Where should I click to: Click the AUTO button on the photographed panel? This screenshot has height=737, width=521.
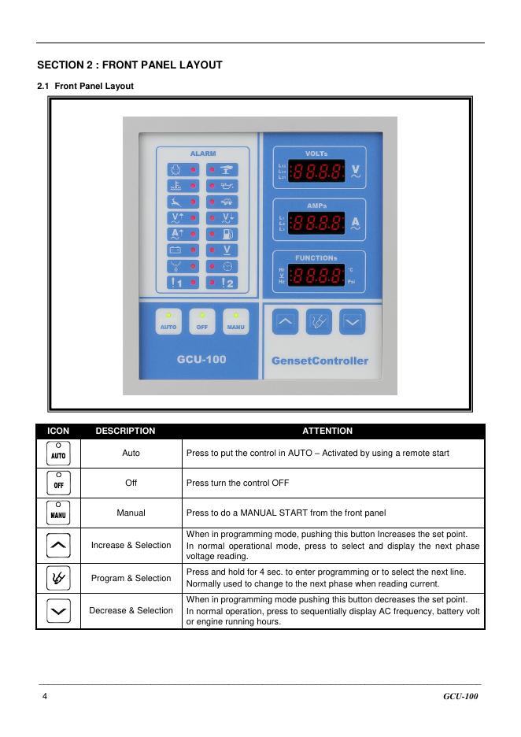[168, 323]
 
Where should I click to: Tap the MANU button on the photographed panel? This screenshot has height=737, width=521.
[235, 323]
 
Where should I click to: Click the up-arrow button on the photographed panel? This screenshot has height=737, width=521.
[286, 321]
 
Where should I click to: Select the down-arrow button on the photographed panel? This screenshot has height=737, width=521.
[353, 321]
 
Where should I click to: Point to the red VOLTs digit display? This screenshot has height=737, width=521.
[317, 171]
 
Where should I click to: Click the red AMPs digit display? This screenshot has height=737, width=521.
[317, 224]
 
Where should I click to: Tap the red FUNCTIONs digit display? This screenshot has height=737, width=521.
[317, 276]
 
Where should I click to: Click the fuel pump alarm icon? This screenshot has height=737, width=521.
[226, 234]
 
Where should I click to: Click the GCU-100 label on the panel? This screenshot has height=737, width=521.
[201, 360]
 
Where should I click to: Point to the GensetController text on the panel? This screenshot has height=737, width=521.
[319, 361]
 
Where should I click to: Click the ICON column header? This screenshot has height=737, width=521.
[58, 431]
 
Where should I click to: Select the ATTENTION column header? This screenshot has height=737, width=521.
[327, 431]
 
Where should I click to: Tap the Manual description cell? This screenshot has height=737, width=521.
[131, 513]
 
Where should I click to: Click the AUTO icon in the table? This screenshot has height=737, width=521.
[58, 454]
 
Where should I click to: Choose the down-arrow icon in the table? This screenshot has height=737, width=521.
[58, 611]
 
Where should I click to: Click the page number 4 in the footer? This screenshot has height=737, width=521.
[45, 697]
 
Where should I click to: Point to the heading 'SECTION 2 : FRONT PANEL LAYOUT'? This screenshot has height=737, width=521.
[130, 65]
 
